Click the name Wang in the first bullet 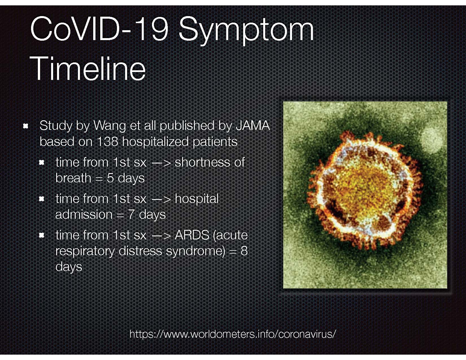pyautogui.click(x=110, y=126)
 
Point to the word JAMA pyautogui.click(x=252, y=125)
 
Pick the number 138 pyautogui.click(x=107, y=141)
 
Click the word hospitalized pyautogui.click(x=156, y=142)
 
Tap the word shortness pyautogui.click(x=202, y=162)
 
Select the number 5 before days pyautogui.click(x=110, y=178)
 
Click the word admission pyautogui.click(x=84, y=214)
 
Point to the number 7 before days pyautogui.click(x=132, y=215)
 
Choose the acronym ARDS pyautogui.click(x=192, y=235)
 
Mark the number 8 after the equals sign pyautogui.click(x=244, y=251)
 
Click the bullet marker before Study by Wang pyautogui.click(x=25, y=126)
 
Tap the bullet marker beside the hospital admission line pyautogui.click(x=42, y=199)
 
